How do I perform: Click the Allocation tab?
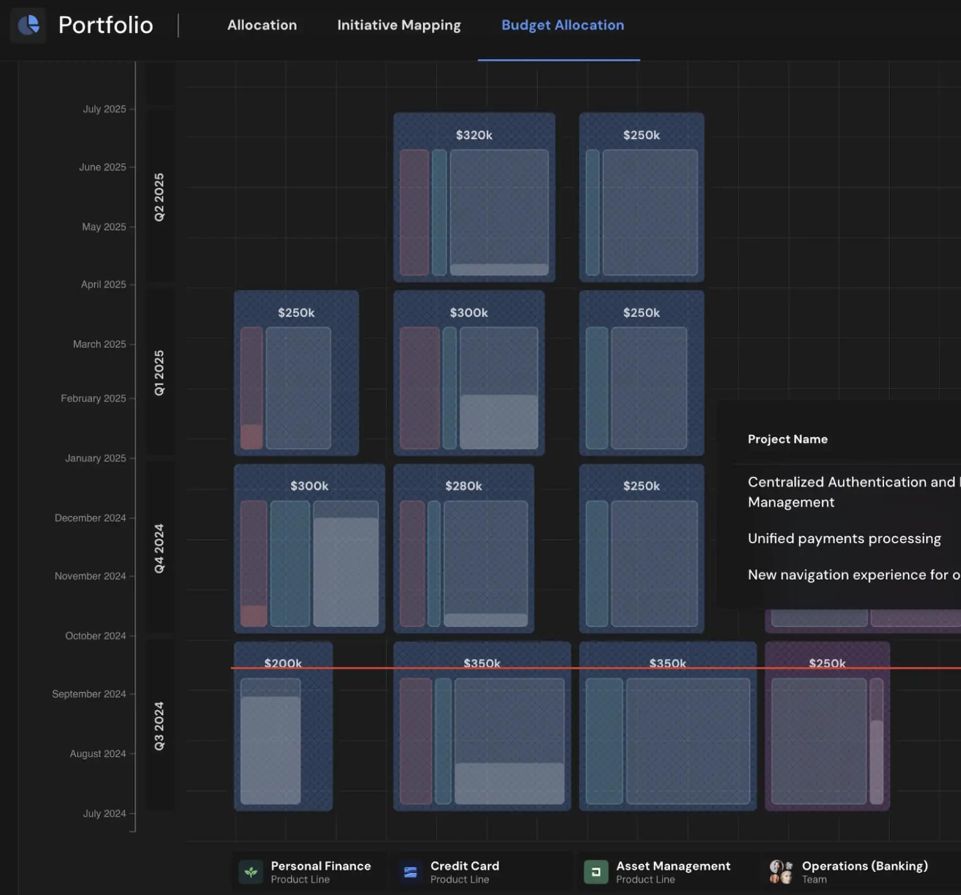click(262, 25)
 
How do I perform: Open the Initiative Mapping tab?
click(399, 25)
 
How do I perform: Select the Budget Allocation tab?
click(562, 25)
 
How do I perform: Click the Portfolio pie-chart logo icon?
click(28, 25)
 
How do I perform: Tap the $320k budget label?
click(474, 135)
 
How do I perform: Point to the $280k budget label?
click(464, 486)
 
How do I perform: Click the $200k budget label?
click(283, 663)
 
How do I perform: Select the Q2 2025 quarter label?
click(159, 197)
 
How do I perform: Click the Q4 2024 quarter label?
click(159, 548)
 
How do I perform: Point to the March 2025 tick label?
click(99, 344)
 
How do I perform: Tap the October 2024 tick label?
click(95, 635)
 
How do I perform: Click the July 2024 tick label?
click(104, 813)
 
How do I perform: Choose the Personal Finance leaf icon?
click(251, 872)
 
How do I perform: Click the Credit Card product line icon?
click(411, 872)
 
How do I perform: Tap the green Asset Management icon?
click(596, 872)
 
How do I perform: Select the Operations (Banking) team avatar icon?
click(781, 872)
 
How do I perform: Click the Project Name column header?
click(788, 439)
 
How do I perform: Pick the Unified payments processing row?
click(844, 539)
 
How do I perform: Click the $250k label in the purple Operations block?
click(827, 663)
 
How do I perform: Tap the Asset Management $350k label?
click(668, 663)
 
